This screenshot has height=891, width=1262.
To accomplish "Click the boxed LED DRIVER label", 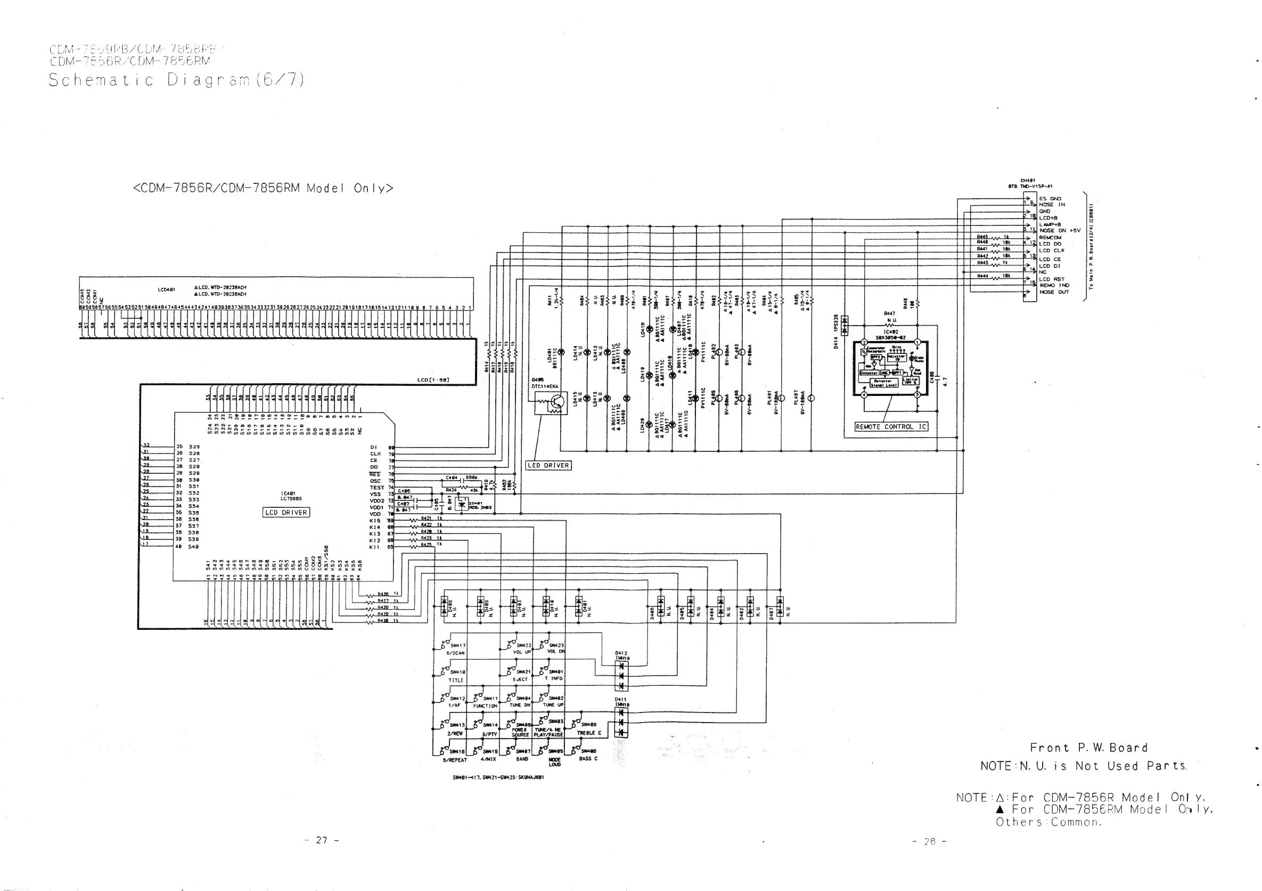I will click(x=548, y=465).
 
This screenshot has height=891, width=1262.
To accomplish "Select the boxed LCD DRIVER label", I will click(x=286, y=512).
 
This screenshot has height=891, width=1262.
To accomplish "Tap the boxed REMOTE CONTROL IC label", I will click(x=891, y=426).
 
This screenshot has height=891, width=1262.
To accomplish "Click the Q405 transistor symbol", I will click(x=556, y=402).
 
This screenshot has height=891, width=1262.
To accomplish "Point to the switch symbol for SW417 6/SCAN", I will click(x=445, y=643).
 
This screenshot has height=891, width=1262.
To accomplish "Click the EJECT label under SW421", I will click(x=520, y=679).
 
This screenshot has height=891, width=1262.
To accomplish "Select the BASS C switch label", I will click(x=587, y=758).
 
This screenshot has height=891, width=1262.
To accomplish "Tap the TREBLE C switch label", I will click(x=589, y=733).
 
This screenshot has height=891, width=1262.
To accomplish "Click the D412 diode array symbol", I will click(x=621, y=676).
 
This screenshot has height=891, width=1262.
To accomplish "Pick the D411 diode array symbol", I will click(x=621, y=722).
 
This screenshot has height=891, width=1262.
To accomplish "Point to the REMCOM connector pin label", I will click(x=1051, y=238).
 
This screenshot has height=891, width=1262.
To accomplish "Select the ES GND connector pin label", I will click(x=1050, y=199).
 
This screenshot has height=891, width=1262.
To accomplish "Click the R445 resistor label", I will click(x=982, y=237).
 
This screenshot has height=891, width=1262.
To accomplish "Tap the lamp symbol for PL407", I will click(x=812, y=398).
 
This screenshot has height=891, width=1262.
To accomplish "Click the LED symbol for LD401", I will click(x=561, y=352).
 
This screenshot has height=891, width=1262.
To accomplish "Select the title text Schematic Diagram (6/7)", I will click(x=176, y=80).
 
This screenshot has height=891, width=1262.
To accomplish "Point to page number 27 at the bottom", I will click(x=322, y=840).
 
